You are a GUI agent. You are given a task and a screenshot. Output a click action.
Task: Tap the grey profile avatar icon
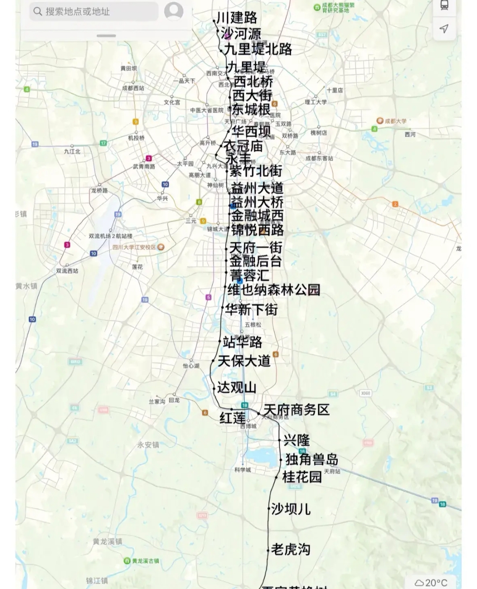[174, 11]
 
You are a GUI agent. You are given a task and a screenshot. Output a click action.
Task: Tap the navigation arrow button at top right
[444, 29]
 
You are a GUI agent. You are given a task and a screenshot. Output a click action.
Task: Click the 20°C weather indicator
[431, 582]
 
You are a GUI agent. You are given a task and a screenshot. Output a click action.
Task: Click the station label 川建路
[237, 18]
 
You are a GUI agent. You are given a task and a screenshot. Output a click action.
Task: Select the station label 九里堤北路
[258, 49]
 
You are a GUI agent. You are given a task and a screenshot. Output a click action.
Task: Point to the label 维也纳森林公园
[274, 290]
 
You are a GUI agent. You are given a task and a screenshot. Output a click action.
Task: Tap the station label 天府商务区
[297, 409]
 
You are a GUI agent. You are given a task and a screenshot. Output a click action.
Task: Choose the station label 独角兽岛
[312, 459]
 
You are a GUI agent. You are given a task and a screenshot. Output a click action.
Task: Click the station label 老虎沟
[291, 550]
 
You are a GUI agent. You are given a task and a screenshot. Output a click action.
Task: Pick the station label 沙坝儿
[291, 509]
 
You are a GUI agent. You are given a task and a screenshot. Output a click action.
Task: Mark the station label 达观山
[237, 387]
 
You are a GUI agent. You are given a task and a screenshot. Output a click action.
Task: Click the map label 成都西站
[133, 88]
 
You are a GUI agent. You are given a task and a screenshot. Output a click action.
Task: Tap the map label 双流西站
[67, 271]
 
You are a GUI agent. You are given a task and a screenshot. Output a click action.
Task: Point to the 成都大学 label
[395, 121]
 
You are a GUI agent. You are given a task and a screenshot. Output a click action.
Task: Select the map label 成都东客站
[319, 158]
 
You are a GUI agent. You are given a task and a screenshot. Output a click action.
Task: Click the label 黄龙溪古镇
[145, 561]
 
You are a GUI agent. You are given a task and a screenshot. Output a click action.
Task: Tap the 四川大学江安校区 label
[134, 247]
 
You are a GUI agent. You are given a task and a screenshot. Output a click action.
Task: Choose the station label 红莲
[232, 418]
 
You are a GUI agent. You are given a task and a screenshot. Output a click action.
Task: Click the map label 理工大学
[316, 102]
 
